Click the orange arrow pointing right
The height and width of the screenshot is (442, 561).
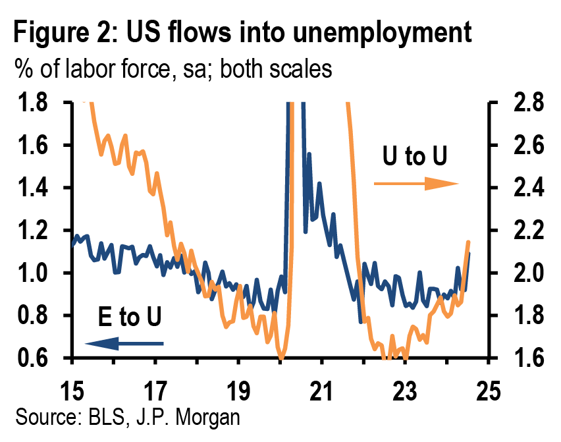click(x=415, y=183)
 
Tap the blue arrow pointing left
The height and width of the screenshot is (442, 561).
click(x=124, y=343)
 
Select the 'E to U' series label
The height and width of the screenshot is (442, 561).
click(x=129, y=318)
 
